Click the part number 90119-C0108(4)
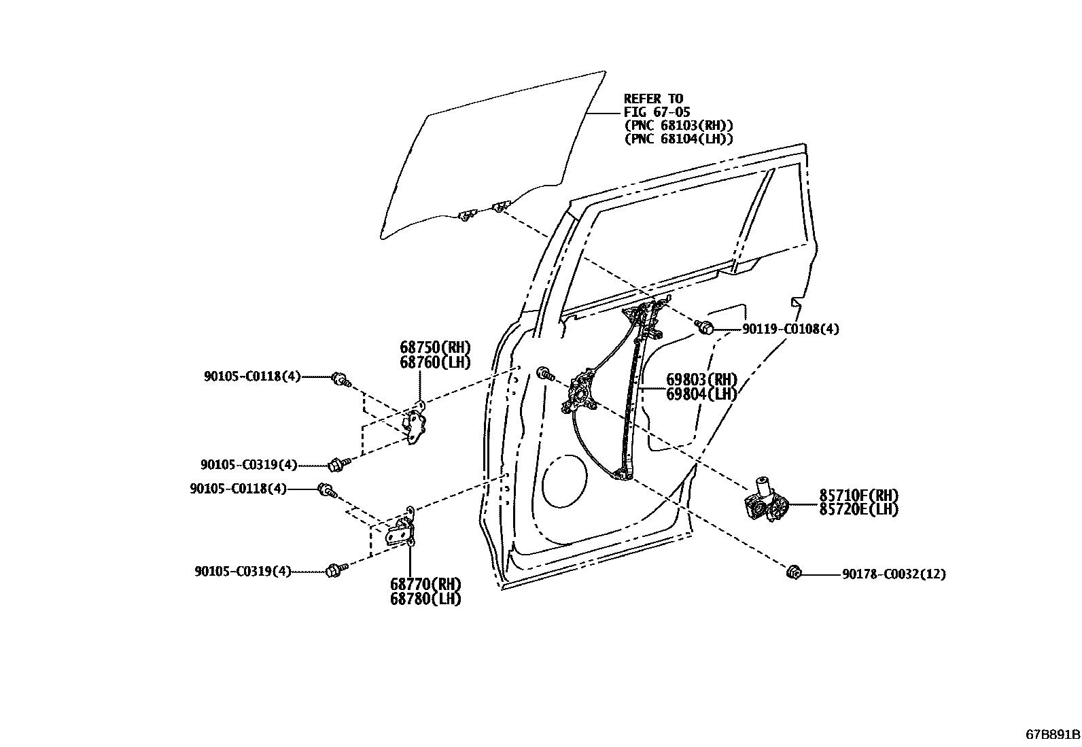click(790, 329)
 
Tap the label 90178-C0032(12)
click(893, 574)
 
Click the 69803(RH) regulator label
click(701, 379)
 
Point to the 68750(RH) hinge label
click(434, 347)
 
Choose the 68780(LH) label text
click(425, 599)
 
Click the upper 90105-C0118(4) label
click(251, 376)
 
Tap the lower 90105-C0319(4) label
click(242, 572)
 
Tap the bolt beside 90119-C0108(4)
click(706, 328)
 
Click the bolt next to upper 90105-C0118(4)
click(339, 379)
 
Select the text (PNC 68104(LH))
click(678, 139)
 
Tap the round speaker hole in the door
click(564, 482)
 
